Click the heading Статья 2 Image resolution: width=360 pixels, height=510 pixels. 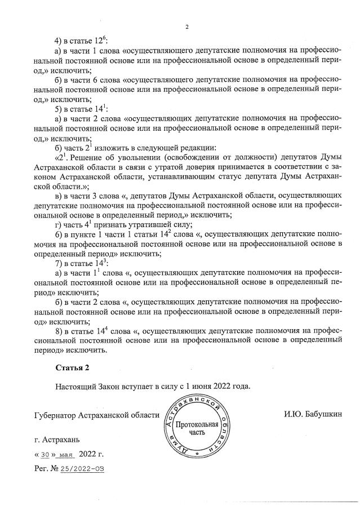(72, 368)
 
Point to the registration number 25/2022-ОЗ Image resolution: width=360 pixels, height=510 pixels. (85, 468)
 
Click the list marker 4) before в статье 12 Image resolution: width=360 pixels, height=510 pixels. (58, 42)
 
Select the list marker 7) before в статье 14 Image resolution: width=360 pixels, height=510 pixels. (58, 263)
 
